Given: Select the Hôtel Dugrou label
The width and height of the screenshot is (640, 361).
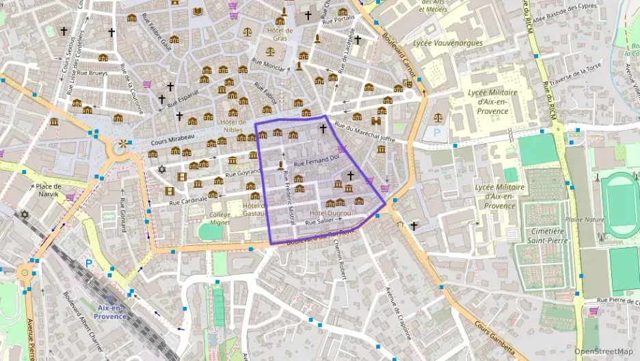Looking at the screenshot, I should (x=330, y=213).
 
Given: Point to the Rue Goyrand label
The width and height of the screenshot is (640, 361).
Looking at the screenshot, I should (x=245, y=173).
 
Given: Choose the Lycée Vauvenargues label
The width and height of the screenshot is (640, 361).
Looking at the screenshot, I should (x=448, y=42).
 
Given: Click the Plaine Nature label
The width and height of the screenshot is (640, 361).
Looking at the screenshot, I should (x=585, y=220).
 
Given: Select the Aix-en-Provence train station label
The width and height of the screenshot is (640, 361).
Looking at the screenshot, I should (x=111, y=312).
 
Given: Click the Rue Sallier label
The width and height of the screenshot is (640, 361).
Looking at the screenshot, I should (x=319, y=222).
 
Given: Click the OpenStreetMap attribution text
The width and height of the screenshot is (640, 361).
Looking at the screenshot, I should (x=603, y=352).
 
